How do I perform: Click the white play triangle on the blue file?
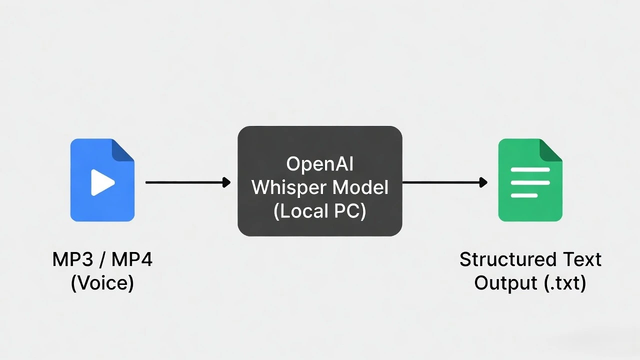[x=102, y=182]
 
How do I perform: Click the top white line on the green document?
[x=530, y=170]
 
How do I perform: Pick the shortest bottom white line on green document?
[x=524, y=195]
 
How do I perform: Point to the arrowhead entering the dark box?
[x=226, y=182]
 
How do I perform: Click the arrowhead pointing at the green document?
[x=483, y=182]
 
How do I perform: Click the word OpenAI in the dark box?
[x=320, y=164]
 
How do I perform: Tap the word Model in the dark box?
[x=360, y=187]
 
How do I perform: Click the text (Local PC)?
[x=320, y=211]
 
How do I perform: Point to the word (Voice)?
[x=102, y=283]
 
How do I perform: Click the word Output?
[x=506, y=283]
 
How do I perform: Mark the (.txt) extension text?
[x=565, y=283]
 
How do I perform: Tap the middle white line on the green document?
[x=530, y=182]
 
